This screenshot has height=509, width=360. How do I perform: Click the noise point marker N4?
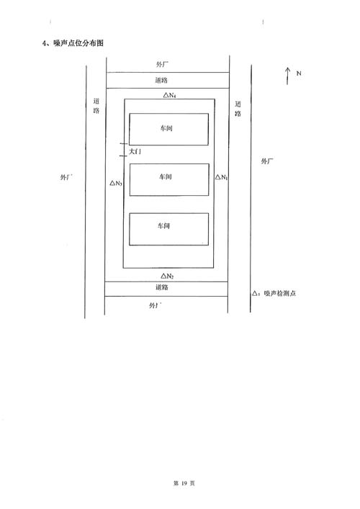click(170, 95)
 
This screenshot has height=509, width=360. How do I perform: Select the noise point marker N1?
click(222, 177)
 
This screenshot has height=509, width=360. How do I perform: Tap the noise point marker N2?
click(168, 276)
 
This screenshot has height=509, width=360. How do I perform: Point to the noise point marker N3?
click(116, 184)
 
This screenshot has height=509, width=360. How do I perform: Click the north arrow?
click(287, 76)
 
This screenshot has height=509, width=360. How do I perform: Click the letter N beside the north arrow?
click(299, 73)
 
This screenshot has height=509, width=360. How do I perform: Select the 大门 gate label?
click(135, 152)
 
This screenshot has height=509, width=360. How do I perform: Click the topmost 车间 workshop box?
click(168, 129)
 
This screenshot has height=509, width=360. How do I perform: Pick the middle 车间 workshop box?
click(169, 180)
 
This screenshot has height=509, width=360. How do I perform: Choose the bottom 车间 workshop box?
click(168, 229)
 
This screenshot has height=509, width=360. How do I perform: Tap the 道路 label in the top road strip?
click(161, 80)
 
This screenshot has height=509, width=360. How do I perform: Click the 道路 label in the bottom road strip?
click(162, 287)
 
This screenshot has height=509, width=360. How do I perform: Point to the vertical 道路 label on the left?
click(96, 106)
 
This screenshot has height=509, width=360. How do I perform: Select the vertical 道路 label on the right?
click(238, 109)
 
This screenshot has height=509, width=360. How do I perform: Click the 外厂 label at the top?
click(162, 64)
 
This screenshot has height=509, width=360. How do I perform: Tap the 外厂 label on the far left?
click(66, 177)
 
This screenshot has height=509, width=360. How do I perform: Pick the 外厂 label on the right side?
click(267, 161)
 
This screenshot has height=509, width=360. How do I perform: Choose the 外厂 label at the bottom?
click(156, 305)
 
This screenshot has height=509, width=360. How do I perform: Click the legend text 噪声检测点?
click(280, 294)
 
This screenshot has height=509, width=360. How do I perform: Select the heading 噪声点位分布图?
click(78, 43)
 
